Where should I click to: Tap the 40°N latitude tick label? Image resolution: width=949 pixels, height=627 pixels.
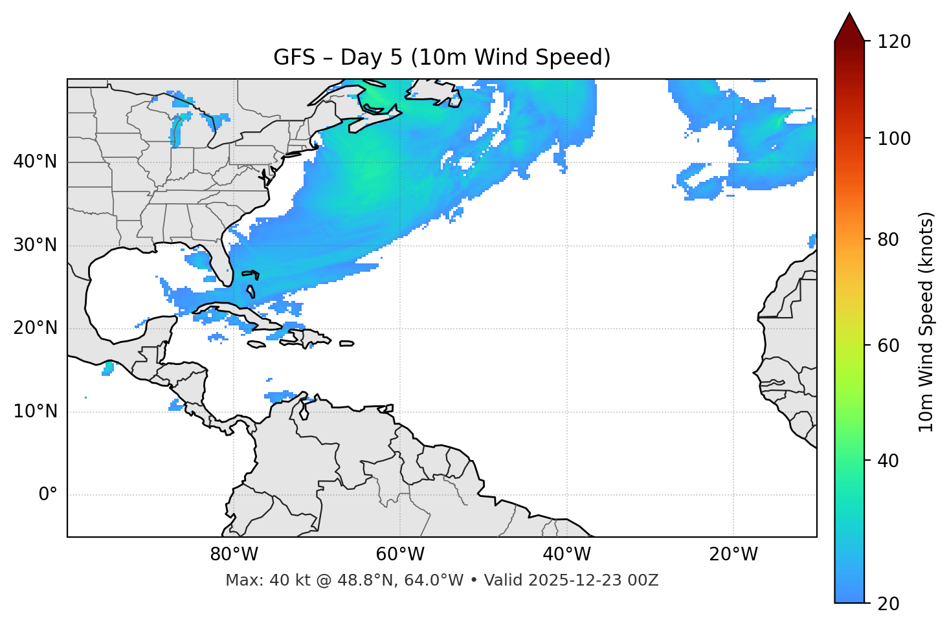tap(35, 162)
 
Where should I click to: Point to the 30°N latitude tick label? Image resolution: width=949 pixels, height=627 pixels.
tap(35, 245)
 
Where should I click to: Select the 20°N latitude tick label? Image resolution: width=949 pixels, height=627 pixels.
tap(35, 328)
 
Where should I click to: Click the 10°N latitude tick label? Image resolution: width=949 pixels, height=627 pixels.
tap(35, 412)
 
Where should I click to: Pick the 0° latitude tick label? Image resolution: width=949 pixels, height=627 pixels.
tap(47, 495)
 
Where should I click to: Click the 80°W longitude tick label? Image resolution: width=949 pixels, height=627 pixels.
tap(234, 555)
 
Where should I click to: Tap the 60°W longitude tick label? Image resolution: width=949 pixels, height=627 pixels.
tap(400, 555)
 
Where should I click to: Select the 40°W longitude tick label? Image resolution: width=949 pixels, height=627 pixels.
tap(566, 555)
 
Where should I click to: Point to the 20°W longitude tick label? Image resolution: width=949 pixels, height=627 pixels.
tap(733, 555)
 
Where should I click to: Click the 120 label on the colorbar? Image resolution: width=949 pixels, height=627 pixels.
tap(894, 42)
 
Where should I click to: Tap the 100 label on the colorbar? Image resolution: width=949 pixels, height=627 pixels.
tap(894, 138)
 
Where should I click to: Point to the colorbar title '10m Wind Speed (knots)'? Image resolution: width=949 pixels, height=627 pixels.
tap(926, 322)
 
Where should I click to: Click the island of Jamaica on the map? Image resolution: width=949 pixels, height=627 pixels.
tap(256, 344)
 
